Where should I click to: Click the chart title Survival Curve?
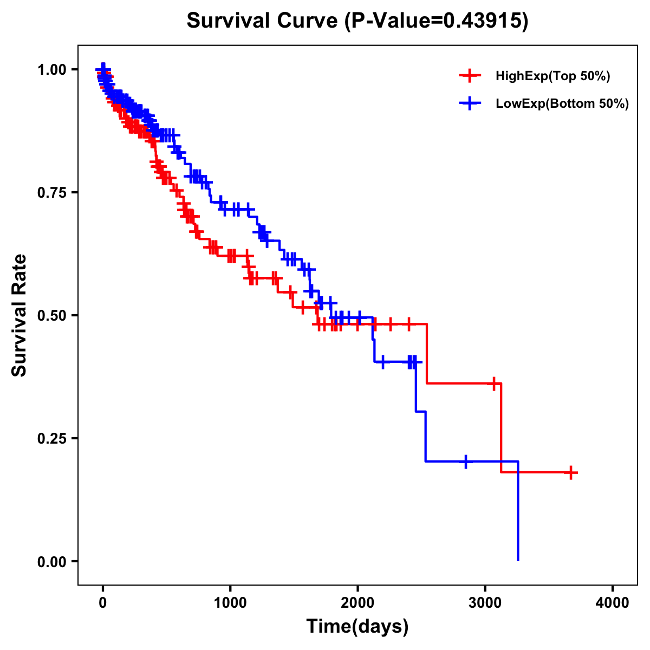pos(264,21)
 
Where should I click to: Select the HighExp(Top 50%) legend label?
pos(553,76)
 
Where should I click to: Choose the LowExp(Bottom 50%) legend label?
pos(562,104)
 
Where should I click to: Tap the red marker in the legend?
pos(470,76)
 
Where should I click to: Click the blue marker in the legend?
pos(470,103)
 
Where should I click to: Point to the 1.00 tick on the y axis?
pos(51,69)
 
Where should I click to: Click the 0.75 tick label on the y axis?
pos(51,192)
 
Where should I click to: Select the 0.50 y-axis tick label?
pos(51,315)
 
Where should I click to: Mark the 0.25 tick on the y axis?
pos(51,438)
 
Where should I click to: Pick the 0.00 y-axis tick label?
pos(51,561)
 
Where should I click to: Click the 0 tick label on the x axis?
pos(103,603)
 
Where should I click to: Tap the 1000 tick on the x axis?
pos(230,603)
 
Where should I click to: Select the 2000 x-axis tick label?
pos(357,603)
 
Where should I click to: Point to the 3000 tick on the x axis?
pos(485,603)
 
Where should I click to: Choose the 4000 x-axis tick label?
pos(613,603)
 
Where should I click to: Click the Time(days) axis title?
pos(357,627)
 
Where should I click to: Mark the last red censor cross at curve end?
pos(570,473)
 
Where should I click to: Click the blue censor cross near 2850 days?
pos(466,461)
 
